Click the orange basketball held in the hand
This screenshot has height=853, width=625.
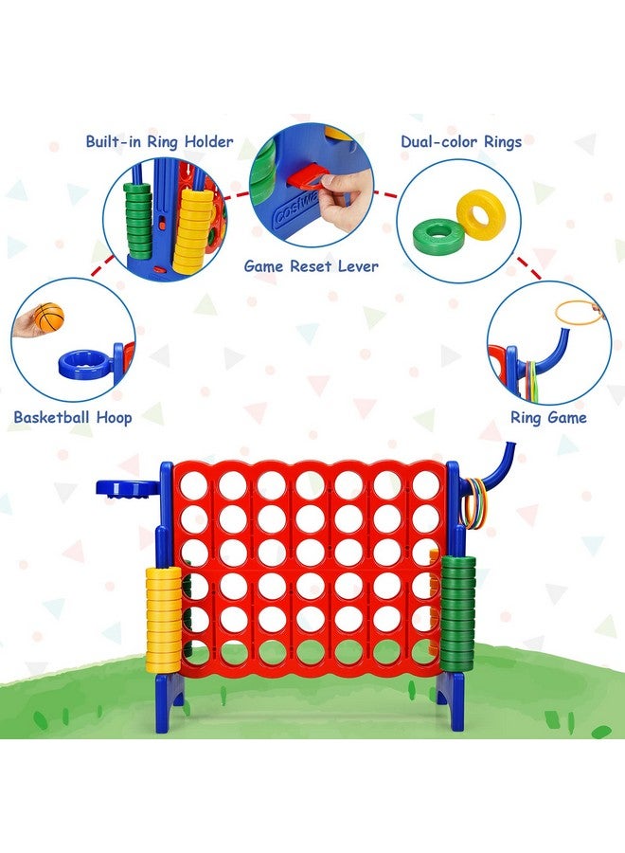tap(49, 317)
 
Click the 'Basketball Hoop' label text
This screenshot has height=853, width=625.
tap(73, 418)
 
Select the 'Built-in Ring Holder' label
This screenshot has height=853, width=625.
tap(160, 142)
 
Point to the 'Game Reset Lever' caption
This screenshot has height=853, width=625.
tap(311, 266)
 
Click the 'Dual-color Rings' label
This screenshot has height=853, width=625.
tap(461, 142)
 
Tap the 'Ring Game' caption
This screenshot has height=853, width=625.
tap(548, 418)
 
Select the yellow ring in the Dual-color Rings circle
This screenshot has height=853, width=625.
tap(481, 210)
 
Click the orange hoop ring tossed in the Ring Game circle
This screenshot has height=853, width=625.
tap(580, 312)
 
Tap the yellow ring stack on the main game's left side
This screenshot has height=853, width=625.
tap(163, 619)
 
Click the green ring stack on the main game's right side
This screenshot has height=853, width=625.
tap(457, 613)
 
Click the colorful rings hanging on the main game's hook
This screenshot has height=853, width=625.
tap(473, 503)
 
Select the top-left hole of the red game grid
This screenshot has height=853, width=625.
tap(193, 485)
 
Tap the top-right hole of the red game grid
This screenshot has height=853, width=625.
tap(426, 484)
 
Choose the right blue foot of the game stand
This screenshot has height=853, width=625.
tap(451, 699)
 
